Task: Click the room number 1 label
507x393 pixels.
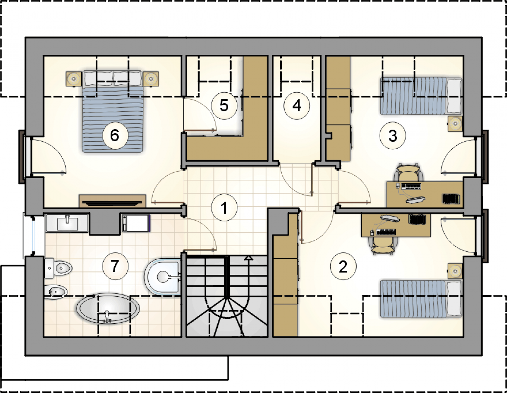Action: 224,208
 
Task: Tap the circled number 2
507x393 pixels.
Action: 343,266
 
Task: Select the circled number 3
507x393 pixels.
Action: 393,136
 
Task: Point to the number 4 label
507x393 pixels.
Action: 296,106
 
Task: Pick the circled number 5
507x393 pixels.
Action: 224,105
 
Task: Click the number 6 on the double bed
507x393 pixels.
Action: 115,136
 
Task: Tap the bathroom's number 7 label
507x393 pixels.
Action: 115,266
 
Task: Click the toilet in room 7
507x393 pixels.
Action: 58,268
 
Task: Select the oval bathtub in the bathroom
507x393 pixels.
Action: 108,308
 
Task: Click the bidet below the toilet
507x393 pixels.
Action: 56,291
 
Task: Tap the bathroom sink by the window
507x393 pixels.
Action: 67,223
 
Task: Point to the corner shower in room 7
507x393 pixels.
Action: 163,277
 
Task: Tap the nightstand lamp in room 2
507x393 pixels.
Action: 455,271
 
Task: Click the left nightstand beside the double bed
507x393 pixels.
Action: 73,79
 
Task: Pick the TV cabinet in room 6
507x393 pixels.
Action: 112,201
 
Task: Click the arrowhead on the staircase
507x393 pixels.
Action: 250,258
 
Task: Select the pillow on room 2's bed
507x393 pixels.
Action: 454,299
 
